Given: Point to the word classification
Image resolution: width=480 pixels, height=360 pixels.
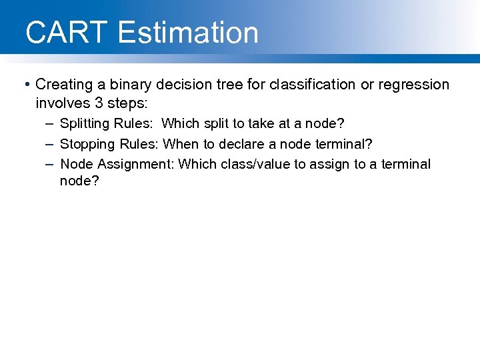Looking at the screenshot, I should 300,85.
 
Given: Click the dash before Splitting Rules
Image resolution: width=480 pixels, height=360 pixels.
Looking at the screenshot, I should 51,124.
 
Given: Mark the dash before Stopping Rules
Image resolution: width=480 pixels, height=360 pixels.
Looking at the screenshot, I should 51,144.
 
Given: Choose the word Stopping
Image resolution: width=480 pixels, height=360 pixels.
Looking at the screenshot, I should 87,145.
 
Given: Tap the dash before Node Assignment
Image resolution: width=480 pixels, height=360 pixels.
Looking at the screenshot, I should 51,164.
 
